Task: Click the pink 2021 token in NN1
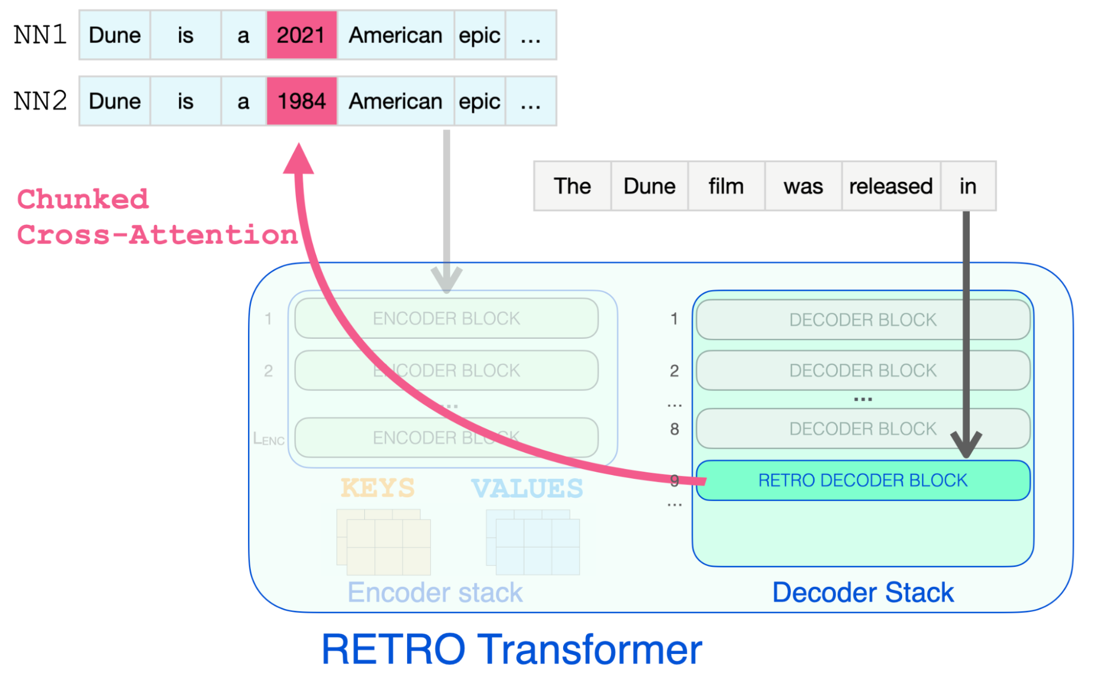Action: [x=301, y=35]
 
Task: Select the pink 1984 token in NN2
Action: [x=301, y=101]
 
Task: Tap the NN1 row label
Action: [x=40, y=35]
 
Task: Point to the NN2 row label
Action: [x=40, y=101]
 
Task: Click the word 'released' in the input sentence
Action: [x=890, y=187]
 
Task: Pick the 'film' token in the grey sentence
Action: [x=725, y=187]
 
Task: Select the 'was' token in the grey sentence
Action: [x=803, y=187]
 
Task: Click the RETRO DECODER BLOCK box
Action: [x=862, y=481]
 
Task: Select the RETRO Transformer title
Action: [x=512, y=649]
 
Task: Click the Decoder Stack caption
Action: [x=863, y=592]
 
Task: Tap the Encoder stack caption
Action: [x=435, y=592]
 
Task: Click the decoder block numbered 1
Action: [x=862, y=319]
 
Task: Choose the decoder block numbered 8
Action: [x=862, y=429]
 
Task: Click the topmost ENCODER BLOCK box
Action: [x=446, y=318]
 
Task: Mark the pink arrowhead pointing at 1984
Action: [x=298, y=159]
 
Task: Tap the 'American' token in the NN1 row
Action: [x=395, y=35]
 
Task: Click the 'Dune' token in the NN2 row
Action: [x=115, y=101]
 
